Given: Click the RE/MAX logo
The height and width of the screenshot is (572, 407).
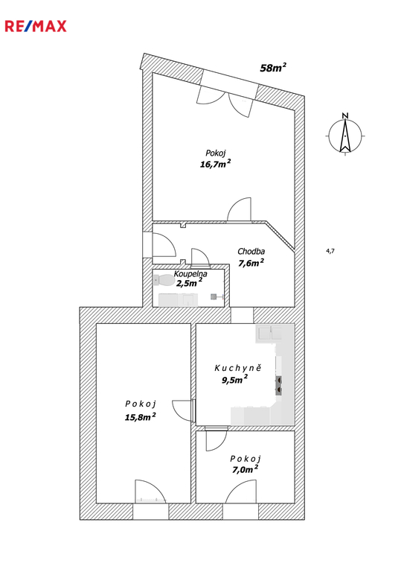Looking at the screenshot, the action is point(36,26).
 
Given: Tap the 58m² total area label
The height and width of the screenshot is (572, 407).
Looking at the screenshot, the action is point(273,68).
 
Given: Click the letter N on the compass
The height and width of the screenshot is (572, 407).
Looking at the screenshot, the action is point(345,116).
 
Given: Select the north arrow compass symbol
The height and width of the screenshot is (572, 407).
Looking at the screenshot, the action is point(344,136).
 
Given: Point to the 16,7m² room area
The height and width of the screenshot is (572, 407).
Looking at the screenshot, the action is point(215,164).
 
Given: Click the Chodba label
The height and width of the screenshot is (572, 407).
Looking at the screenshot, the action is point(251,251).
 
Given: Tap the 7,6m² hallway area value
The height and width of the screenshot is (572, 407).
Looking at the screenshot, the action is point(251,263).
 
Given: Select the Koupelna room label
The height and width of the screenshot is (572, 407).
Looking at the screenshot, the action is point(190,273).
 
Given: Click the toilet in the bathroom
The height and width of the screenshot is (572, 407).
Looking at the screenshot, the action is point(164,280).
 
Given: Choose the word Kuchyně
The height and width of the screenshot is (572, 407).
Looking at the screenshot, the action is point(237,368).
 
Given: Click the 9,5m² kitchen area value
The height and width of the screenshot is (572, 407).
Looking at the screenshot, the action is point(235,379).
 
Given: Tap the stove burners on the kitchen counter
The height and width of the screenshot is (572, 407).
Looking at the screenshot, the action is point(278,385).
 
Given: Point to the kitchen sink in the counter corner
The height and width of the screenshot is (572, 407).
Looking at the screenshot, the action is point(269,333).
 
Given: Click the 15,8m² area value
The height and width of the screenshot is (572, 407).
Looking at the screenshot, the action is point(141,416).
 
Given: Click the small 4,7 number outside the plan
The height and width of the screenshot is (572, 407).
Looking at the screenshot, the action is point(330,250).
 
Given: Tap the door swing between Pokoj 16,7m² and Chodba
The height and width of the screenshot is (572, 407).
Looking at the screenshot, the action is point(240,209).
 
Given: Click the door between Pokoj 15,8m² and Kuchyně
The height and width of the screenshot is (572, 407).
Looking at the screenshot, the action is point(183,411).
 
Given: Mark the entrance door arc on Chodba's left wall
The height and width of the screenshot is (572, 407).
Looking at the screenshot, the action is point(164,245).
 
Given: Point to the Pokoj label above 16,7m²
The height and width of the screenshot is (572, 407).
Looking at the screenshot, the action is point(215,153).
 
